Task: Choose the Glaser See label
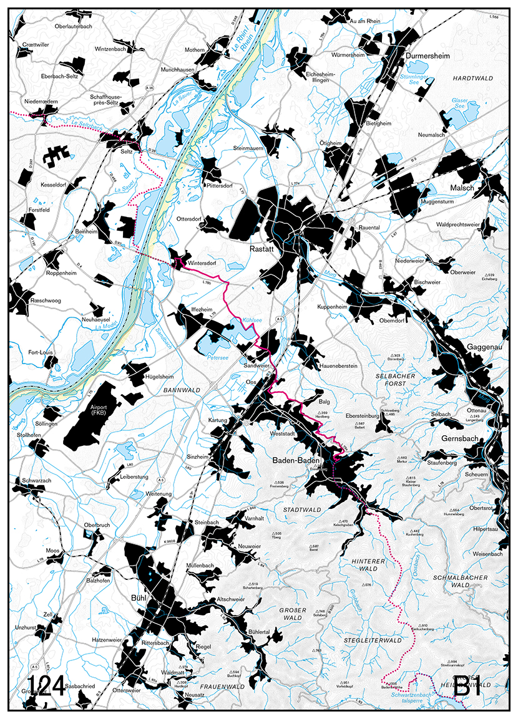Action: point(460,103)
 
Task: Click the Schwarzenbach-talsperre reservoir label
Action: point(413,697)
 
